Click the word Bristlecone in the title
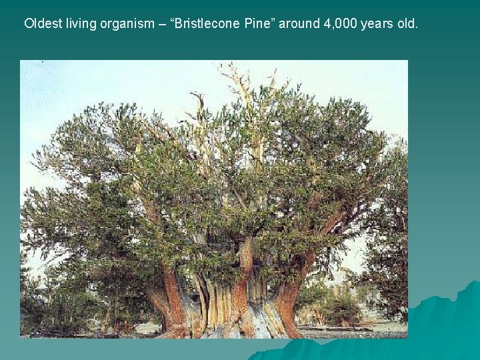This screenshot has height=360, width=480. pos(209,24)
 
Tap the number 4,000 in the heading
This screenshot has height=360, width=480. pos(339,24)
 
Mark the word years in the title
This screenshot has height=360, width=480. pos(377,25)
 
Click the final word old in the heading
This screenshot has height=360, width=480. pos(407,24)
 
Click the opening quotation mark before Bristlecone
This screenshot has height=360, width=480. pos(174,21)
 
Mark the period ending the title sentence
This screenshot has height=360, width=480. pos(417,28)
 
